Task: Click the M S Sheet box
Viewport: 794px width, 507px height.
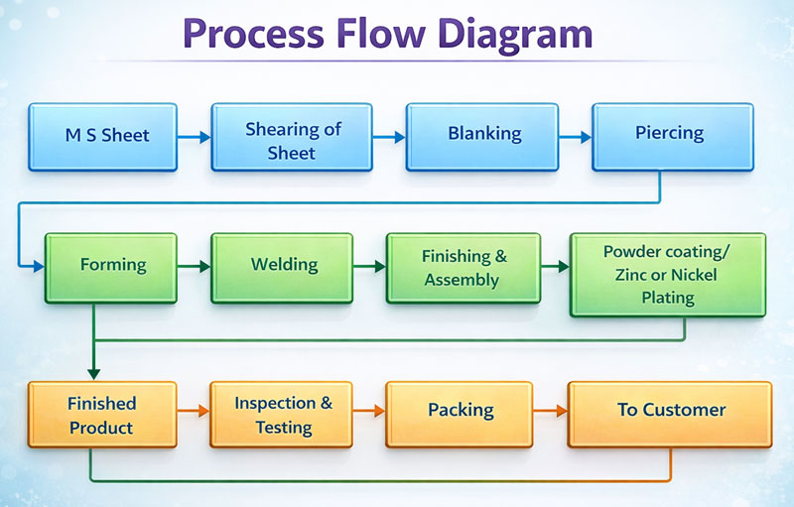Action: (102, 136)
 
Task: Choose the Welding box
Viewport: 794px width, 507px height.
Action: (284, 266)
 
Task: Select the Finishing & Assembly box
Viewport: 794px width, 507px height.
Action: (464, 268)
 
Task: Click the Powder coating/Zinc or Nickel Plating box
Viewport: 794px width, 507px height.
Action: (667, 274)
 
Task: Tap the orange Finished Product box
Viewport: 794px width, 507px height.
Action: (102, 415)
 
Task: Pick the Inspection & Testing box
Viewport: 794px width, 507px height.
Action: (284, 415)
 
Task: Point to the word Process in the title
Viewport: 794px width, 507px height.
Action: (252, 36)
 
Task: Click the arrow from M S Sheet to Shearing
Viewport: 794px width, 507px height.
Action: (196, 138)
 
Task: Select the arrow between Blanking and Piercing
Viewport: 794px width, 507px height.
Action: (574, 138)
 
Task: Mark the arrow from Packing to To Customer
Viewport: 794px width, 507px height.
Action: (551, 411)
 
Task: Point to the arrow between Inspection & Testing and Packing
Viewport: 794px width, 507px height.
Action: (368, 411)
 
